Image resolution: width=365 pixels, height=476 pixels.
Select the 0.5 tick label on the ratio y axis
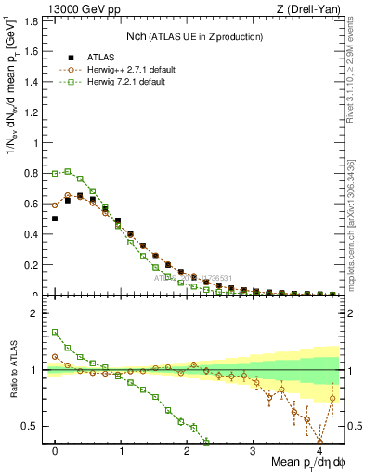33,426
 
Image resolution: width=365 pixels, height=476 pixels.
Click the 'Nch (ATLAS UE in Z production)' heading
195,36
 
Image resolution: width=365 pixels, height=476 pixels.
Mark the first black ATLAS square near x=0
55,218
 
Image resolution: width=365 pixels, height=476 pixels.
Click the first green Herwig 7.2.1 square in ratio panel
55,332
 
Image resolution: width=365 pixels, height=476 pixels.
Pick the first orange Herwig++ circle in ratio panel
55,356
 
